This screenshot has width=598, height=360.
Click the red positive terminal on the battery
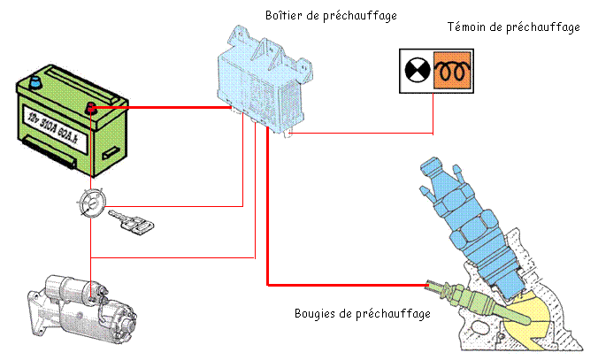[90, 109]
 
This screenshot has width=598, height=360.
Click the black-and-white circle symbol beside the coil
[416, 69]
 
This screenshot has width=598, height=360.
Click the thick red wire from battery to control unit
[159, 108]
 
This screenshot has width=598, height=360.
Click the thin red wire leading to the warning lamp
[372, 134]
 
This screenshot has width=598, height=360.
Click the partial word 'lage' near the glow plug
[420, 314]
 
